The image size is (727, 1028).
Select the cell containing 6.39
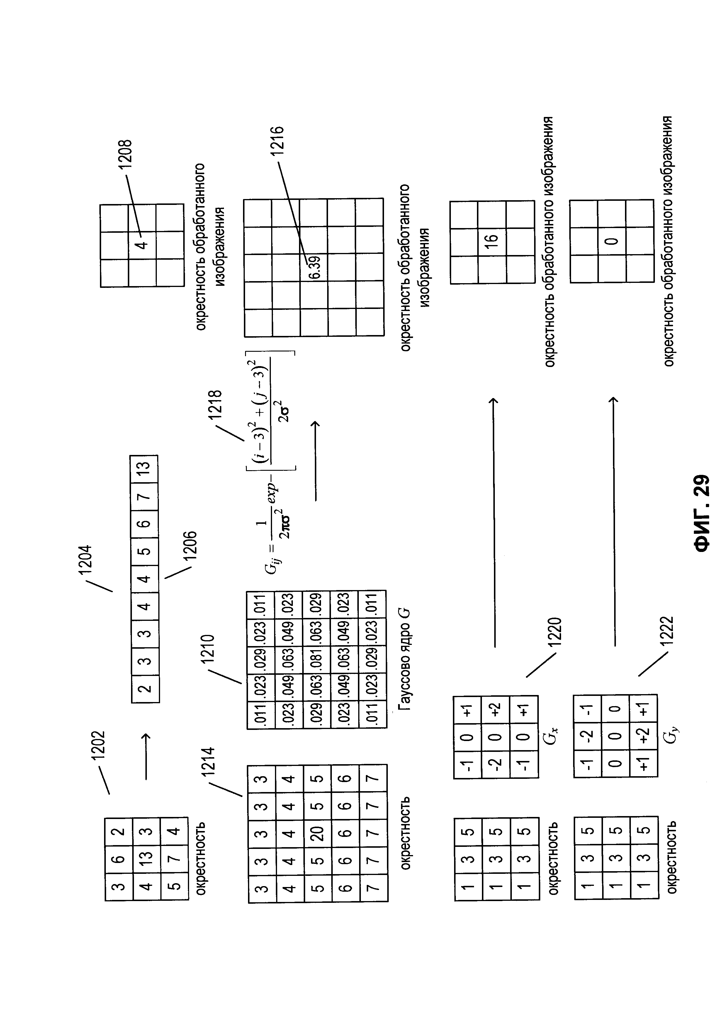coord(314,267)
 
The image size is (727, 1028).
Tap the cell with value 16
coord(492,242)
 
